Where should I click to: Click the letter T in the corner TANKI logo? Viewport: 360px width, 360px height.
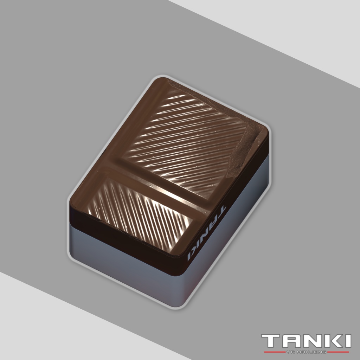(270, 341)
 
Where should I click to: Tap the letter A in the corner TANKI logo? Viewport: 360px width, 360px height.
(289, 341)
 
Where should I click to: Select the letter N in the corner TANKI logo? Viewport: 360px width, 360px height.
(310, 341)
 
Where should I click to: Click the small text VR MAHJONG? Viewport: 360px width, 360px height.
(306, 352)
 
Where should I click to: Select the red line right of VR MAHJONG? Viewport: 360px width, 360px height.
(338, 352)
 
